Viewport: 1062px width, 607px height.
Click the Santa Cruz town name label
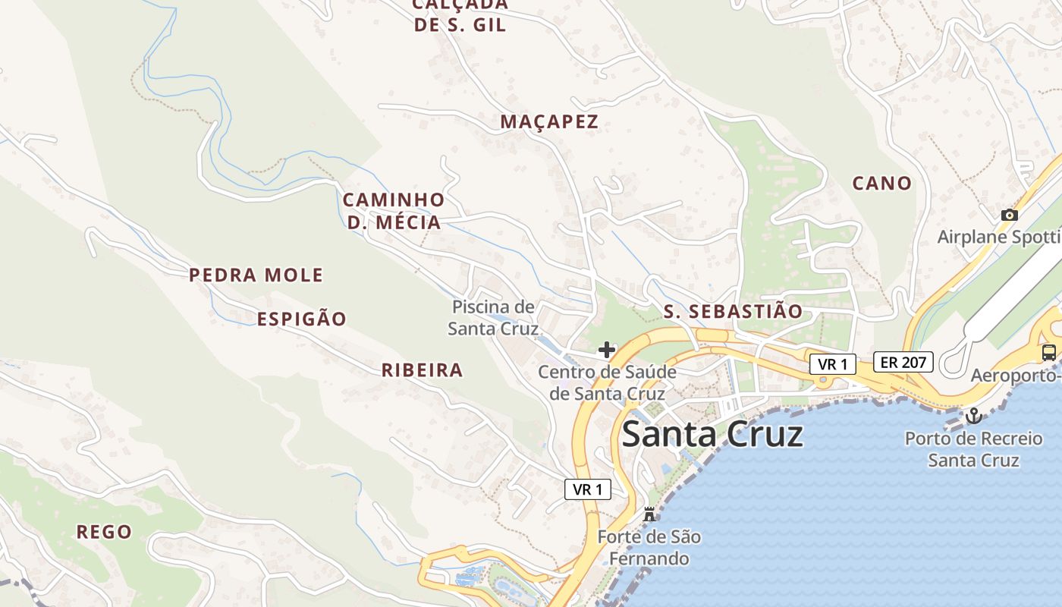712,435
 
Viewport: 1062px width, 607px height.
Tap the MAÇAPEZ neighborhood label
549,121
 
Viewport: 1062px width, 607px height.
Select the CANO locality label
881,183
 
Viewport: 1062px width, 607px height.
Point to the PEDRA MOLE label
256,275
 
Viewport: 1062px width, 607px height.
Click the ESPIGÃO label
301,319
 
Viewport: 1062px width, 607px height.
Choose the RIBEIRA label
422,370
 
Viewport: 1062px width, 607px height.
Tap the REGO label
104,532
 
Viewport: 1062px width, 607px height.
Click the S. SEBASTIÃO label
733,311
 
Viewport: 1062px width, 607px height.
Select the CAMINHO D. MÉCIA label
394,211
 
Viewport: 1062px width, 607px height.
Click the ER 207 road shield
903,362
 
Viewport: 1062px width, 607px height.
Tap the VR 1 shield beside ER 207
832,364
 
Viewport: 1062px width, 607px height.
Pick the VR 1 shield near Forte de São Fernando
588,489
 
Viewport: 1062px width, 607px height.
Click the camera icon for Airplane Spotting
1009,215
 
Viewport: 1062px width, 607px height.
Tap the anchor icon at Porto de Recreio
973,416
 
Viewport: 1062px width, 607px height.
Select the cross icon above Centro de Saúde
606,350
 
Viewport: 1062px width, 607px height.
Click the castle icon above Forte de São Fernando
649,514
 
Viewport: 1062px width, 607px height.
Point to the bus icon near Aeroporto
1049,352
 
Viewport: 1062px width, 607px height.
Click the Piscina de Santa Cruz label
493,318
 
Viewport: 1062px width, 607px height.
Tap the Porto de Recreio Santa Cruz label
974,449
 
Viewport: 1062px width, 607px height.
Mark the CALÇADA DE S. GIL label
460,15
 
